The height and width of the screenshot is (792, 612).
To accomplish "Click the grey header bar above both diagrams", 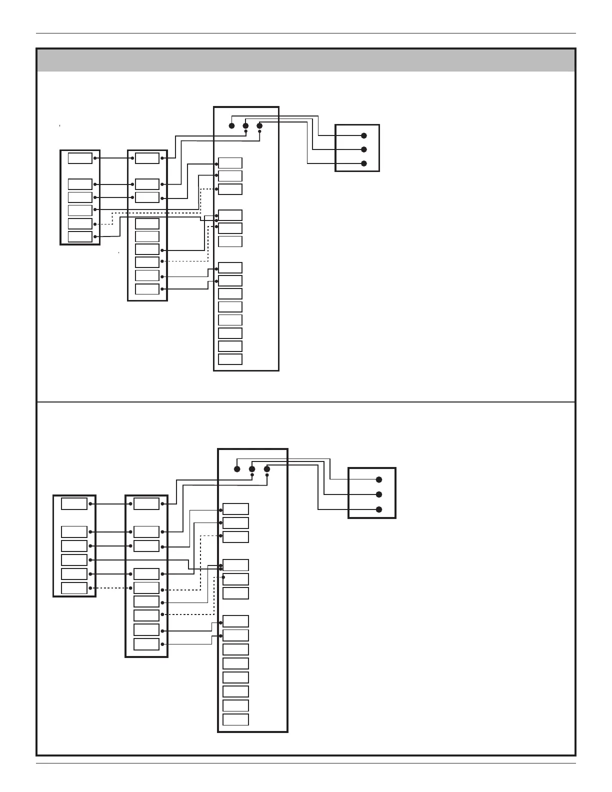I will [x=306, y=60].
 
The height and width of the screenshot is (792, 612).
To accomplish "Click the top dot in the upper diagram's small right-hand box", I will [x=364, y=135].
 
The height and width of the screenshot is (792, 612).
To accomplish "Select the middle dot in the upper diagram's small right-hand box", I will [x=364, y=149].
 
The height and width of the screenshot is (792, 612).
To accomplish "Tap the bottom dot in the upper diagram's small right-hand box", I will [x=364, y=163].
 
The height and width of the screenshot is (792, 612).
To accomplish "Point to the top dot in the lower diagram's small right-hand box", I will [x=379, y=479].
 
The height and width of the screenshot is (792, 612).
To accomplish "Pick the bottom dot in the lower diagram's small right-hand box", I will [x=379, y=509].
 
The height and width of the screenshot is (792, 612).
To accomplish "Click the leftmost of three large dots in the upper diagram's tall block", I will [x=231, y=125].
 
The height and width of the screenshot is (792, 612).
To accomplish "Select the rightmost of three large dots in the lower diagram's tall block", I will [x=267, y=469].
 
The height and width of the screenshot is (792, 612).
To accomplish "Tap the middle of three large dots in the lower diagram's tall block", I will [x=252, y=469].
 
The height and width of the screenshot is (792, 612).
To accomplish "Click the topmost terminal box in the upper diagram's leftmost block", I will [x=80, y=158].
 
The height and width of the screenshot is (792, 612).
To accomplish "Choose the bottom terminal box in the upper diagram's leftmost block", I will [x=80, y=236].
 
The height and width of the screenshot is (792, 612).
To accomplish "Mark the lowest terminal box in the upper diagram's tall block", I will [x=230, y=359].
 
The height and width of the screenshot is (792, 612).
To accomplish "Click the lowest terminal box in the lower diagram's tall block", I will [x=235, y=719].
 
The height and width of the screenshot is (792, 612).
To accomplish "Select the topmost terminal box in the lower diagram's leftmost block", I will [x=74, y=503].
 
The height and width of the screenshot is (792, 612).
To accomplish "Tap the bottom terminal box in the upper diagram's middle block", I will [x=147, y=289].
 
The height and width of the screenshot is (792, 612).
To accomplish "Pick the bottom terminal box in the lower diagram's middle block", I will [x=146, y=644].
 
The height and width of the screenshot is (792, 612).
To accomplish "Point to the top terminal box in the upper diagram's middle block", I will [x=147, y=158].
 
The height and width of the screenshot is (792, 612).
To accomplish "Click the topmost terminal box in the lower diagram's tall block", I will [x=235, y=509].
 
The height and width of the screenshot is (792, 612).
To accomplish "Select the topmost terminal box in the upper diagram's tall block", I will [x=230, y=163].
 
